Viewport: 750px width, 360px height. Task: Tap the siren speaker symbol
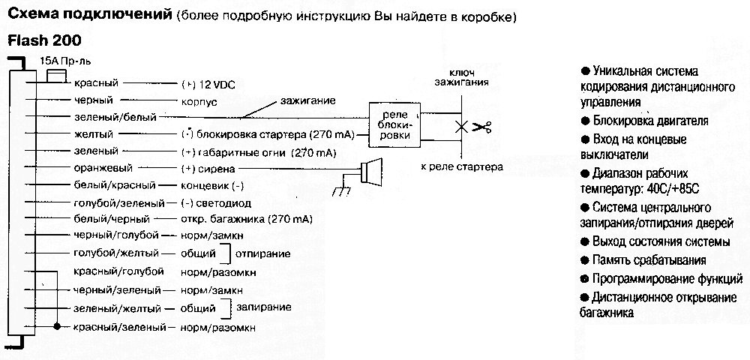370,172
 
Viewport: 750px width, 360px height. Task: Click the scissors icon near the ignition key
481,127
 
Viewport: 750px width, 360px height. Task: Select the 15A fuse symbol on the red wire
55,76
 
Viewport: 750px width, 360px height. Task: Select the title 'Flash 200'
44,40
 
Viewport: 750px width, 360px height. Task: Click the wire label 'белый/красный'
115,185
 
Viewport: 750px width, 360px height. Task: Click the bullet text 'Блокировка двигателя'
649,121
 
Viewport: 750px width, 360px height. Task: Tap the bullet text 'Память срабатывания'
648,260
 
